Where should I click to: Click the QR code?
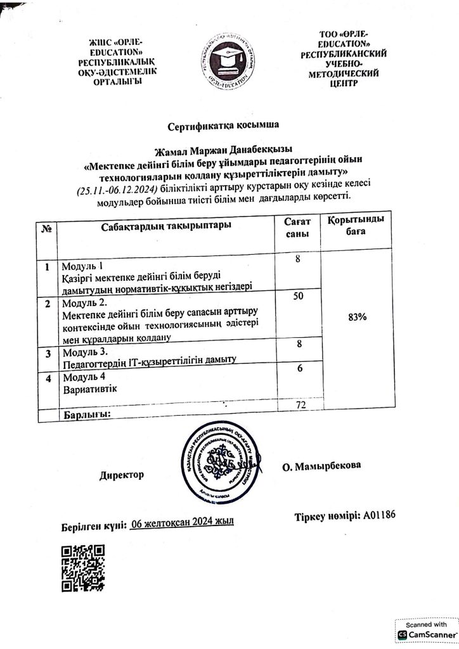(x=82, y=568)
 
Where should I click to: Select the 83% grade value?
(x=358, y=317)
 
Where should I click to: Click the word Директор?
(x=122, y=475)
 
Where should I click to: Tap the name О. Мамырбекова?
(x=322, y=466)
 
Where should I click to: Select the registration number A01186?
(x=379, y=515)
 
